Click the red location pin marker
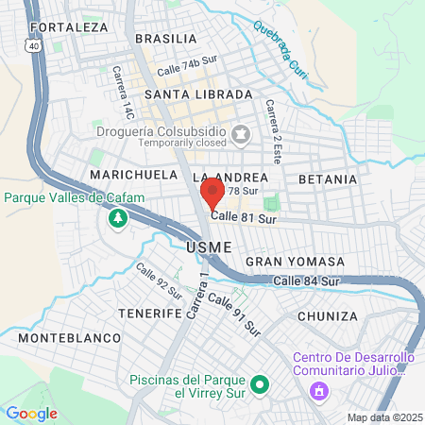pyautogui.click(x=212, y=194)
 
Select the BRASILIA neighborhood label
pyautogui.click(x=166, y=39)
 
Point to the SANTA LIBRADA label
pyautogui.click(x=198, y=95)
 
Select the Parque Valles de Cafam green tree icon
pyautogui.click(x=117, y=219)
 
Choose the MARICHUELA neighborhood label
pyautogui.click(x=133, y=176)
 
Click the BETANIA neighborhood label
pyautogui.click(x=328, y=178)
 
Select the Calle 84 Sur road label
pyautogui.click(x=306, y=281)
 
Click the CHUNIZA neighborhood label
pyautogui.click(x=328, y=315)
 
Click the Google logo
pyautogui.click(x=31, y=413)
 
